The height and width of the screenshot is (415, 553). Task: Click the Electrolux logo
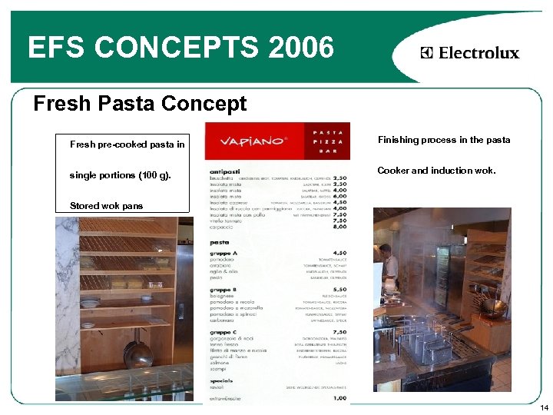(x=470, y=53)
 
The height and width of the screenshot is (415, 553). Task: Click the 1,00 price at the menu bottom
(x=339, y=397)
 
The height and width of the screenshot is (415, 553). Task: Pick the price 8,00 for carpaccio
(x=339, y=227)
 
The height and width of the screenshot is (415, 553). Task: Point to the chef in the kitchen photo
(x=389, y=265)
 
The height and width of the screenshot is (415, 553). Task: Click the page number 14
(x=544, y=407)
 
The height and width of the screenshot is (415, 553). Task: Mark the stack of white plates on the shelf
(x=91, y=302)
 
